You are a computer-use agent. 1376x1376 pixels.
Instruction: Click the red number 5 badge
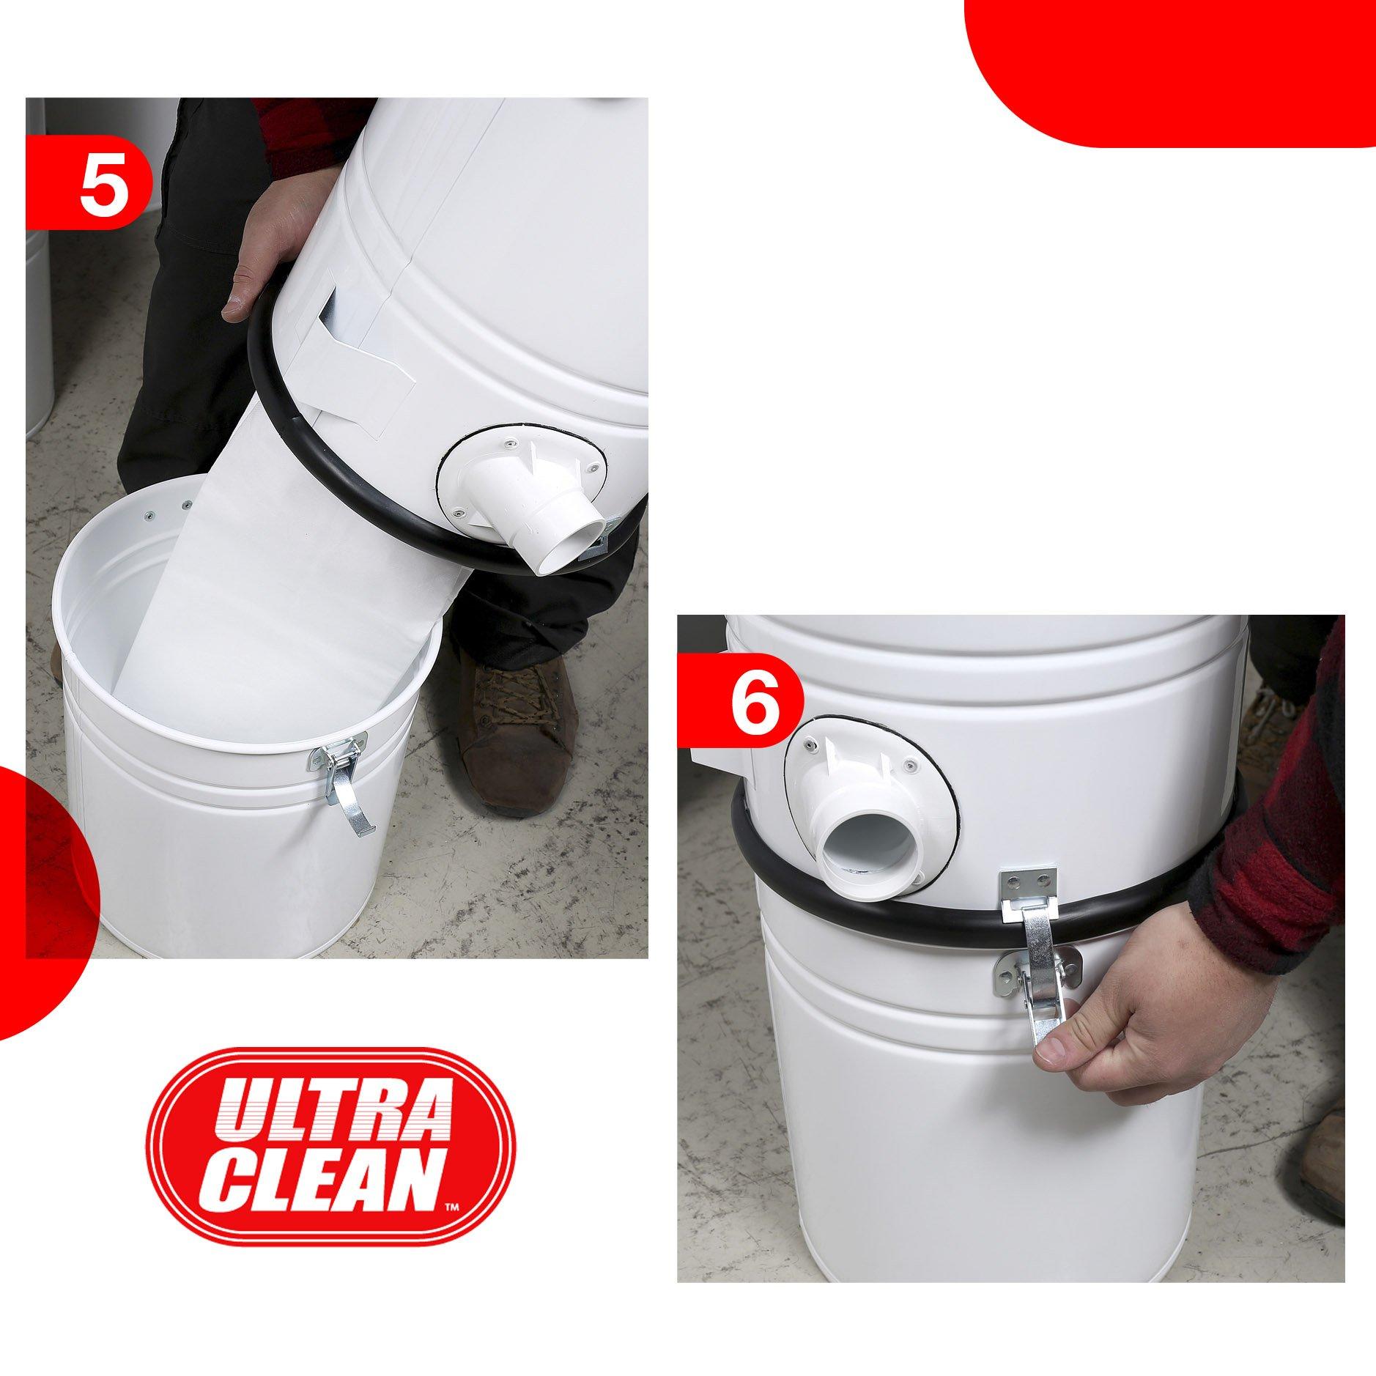click(88, 181)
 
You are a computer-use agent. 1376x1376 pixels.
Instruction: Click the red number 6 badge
click(740, 700)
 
